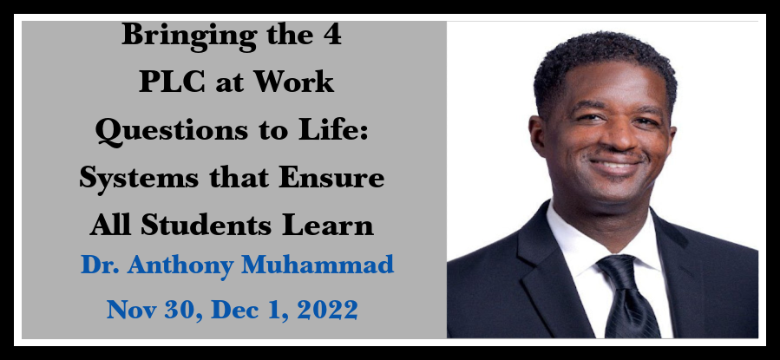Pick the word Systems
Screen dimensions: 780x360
[138, 178]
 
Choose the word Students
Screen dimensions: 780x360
[207, 225]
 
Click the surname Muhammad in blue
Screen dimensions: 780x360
[318, 265]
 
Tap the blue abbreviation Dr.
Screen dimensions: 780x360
[100, 265]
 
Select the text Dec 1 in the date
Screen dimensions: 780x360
[248, 311]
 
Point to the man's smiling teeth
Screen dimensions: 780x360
[615, 165]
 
